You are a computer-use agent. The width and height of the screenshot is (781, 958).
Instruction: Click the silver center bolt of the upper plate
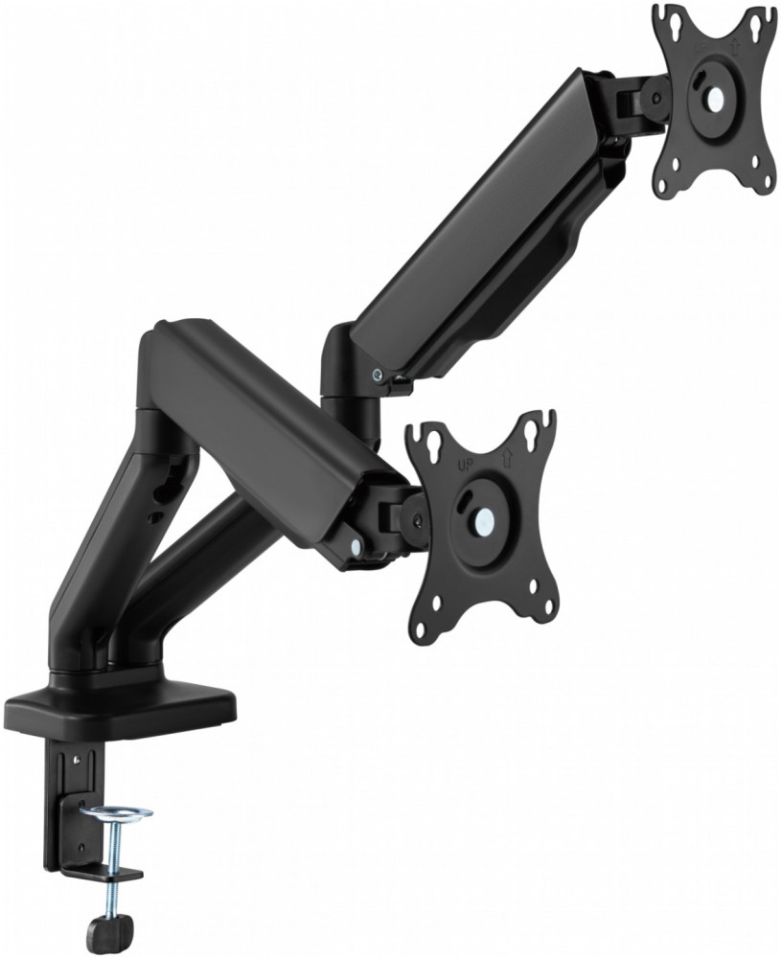pyautogui.click(x=717, y=97)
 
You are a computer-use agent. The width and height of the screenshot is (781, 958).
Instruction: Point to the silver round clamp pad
pyautogui.click(x=116, y=814)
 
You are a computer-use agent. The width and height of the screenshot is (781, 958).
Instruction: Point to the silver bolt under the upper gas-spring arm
pyautogui.click(x=381, y=375)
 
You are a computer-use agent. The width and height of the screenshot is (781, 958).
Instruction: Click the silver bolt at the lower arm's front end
pyautogui.click(x=356, y=546)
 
